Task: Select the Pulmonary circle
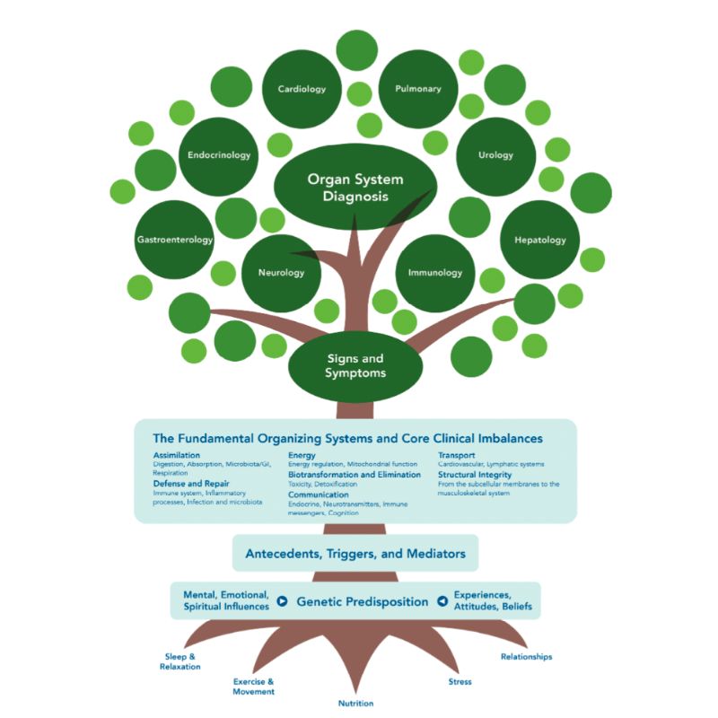[418, 89]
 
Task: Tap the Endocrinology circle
[219, 155]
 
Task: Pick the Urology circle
[495, 154]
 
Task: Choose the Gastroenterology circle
[175, 240]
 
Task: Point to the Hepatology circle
[539, 240]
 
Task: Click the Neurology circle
[280, 272]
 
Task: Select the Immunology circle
[434, 272]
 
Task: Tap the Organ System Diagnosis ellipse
[355, 187]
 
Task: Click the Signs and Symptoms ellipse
[355, 365]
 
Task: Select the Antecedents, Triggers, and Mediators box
[355, 554]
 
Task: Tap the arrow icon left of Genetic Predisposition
[282, 601]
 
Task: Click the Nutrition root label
[355, 703]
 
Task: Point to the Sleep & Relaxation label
[179, 661]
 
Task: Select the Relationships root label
[526, 656]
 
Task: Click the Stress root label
[460, 682]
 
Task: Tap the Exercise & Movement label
[253, 687]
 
